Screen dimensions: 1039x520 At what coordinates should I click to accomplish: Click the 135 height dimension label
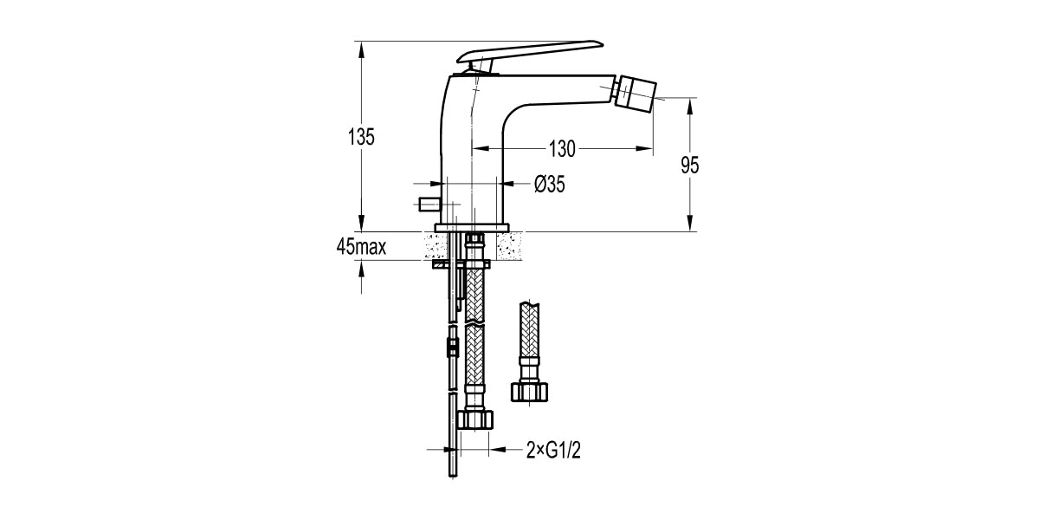click(361, 137)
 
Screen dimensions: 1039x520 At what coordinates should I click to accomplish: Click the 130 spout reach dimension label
click(562, 149)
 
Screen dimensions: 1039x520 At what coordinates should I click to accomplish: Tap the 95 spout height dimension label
click(690, 166)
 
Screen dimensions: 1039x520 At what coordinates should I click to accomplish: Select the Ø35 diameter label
click(550, 185)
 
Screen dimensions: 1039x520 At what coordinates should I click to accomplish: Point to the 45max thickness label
click(361, 247)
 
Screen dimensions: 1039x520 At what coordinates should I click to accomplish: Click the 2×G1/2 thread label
click(553, 450)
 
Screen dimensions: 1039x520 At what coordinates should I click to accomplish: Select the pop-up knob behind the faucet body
click(429, 205)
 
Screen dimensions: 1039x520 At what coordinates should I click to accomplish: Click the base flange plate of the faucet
click(471, 227)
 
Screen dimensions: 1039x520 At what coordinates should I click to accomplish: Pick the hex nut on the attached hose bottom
click(474, 419)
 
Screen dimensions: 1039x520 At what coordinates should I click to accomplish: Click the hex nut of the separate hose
click(529, 392)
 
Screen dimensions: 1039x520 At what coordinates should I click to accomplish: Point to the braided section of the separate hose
click(529, 330)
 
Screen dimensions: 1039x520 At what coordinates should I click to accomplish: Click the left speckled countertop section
click(436, 245)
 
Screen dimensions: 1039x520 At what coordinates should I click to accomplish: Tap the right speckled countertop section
click(509, 245)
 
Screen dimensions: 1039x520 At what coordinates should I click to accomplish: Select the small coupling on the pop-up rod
click(452, 348)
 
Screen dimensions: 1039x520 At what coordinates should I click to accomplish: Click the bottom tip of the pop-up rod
click(453, 477)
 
